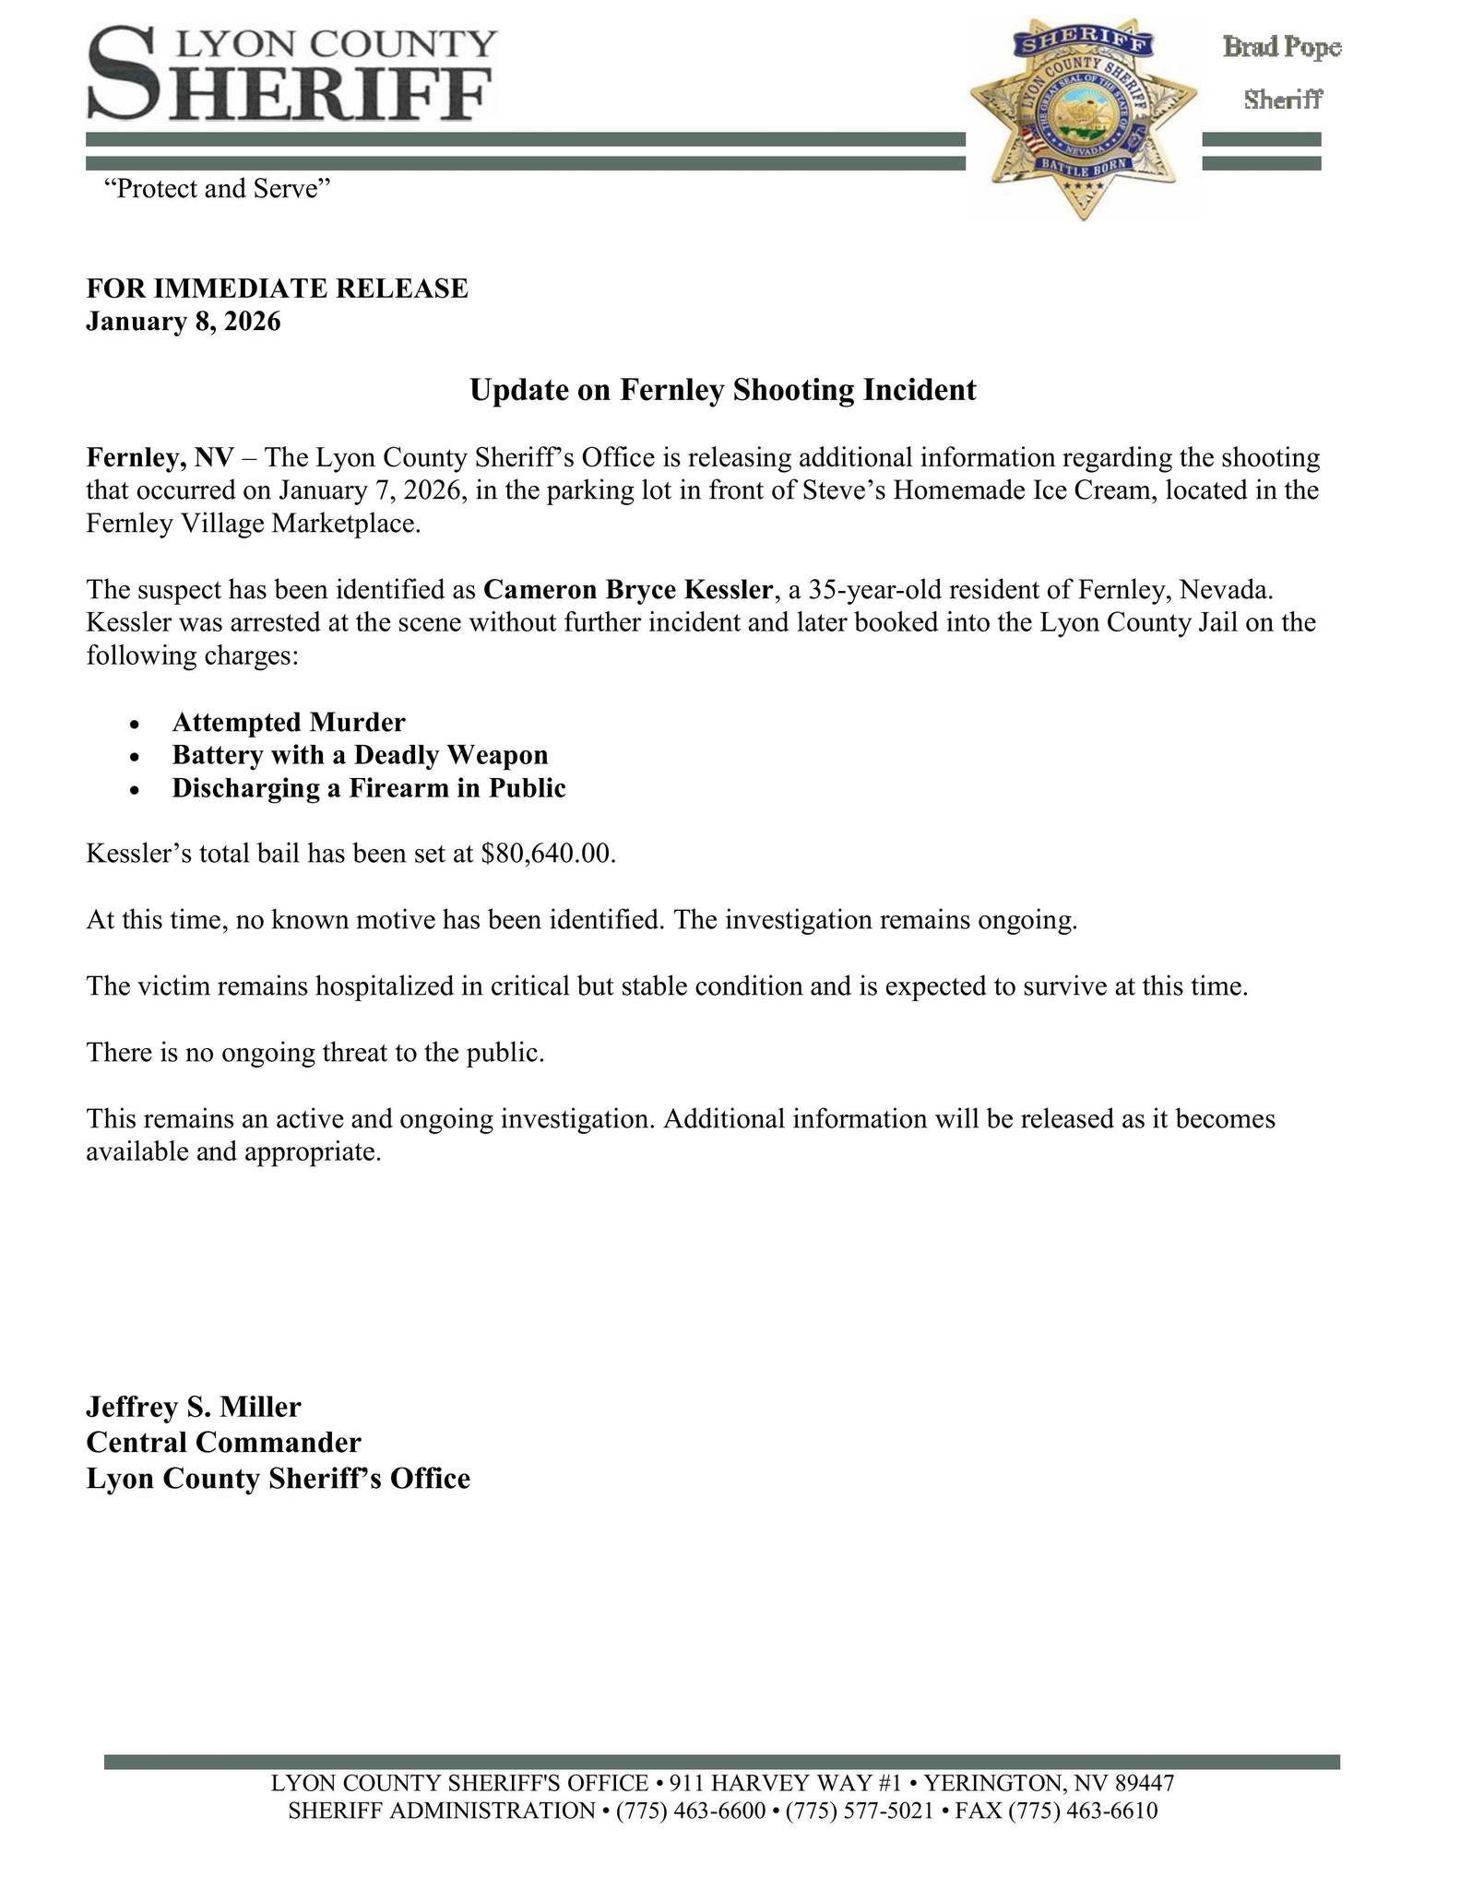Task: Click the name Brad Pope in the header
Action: pos(1281,47)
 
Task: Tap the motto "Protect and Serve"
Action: pos(217,189)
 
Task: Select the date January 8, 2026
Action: pos(184,322)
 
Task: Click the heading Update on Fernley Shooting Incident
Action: pos(722,390)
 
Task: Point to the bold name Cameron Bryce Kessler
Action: pos(627,589)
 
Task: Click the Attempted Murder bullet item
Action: pos(288,722)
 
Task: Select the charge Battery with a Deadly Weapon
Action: pos(360,755)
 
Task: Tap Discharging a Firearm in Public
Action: pos(368,788)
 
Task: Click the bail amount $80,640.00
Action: pos(547,854)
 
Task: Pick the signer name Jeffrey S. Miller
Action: pos(194,1407)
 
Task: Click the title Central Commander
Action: pos(223,1442)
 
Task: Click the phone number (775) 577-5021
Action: pos(843,1811)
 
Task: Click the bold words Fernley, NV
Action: pos(160,457)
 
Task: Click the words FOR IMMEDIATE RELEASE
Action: pos(277,289)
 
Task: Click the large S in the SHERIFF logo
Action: pos(124,74)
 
